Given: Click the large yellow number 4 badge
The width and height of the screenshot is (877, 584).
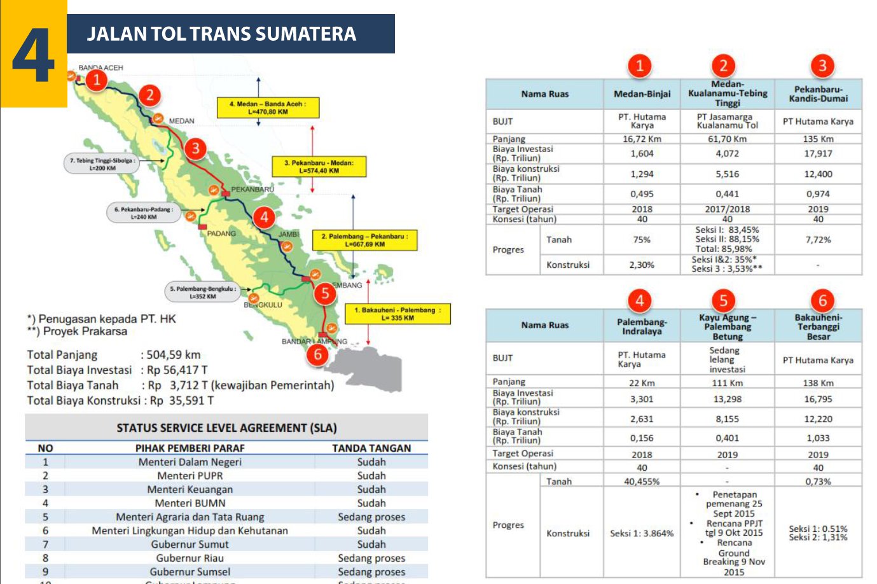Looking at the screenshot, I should (33, 54).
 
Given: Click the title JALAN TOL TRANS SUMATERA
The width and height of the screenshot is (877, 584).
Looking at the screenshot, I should (221, 34).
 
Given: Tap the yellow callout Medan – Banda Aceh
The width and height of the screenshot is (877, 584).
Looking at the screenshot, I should (268, 108).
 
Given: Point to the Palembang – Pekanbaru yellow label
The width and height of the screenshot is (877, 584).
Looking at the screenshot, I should (364, 240).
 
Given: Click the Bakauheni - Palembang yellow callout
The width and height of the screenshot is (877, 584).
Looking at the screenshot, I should (397, 314).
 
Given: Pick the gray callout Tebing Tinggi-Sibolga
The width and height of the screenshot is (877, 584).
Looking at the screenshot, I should (102, 164).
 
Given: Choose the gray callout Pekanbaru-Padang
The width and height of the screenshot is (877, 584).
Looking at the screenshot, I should (144, 213).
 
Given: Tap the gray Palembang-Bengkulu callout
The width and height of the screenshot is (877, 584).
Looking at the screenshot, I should (202, 292).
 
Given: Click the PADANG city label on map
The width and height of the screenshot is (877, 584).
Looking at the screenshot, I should (221, 233).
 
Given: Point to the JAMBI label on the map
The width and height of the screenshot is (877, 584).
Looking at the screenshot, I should (289, 234).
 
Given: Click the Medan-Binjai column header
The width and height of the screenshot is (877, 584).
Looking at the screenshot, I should (642, 94).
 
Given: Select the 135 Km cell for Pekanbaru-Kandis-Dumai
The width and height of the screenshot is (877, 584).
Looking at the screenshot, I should (818, 139).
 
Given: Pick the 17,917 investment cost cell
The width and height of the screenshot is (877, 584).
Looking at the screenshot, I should (818, 153).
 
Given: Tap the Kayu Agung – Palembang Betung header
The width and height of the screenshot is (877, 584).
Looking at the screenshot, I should (727, 326).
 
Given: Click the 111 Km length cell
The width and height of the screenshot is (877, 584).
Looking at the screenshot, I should (727, 383).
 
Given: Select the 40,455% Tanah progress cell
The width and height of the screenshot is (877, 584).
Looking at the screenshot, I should (642, 482).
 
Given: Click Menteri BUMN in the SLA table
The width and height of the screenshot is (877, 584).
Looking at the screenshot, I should (190, 503).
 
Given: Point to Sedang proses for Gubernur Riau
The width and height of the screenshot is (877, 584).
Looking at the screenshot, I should (371, 558).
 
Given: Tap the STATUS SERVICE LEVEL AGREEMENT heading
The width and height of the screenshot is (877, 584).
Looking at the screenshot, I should (226, 428).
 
